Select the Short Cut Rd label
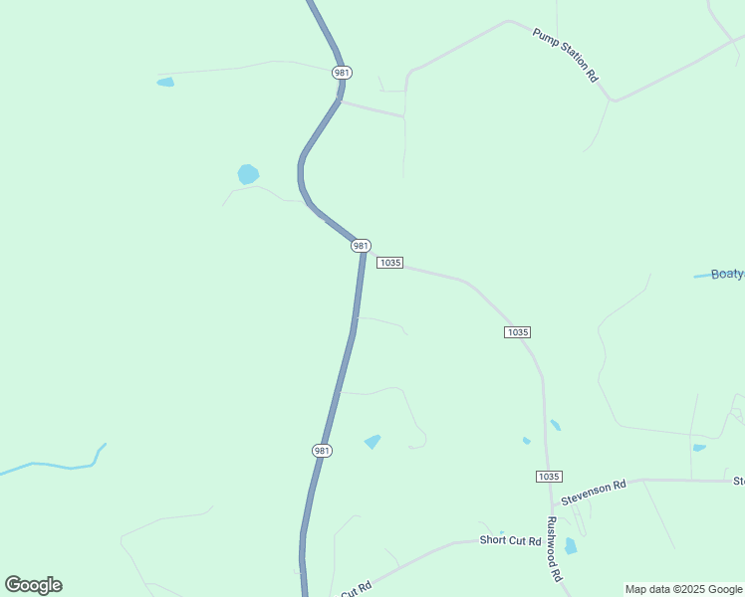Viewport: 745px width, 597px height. pyautogui.click(x=510, y=541)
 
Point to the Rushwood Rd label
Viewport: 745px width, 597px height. pyautogui.click(x=555, y=548)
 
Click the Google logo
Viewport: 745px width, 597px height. pyautogui.click(x=33, y=585)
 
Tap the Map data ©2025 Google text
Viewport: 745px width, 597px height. pyautogui.click(x=684, y=589)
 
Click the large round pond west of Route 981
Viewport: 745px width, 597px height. pyautogui.click(x=248, y=174)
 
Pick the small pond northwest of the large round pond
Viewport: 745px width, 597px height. pyautogui.click(x=165, y=82)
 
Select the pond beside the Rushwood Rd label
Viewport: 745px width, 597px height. pyautogui.click(x=571, y=545)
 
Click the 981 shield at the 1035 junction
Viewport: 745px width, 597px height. pyautogui.click(x=361, y=246)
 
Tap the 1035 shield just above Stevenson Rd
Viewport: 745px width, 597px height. pyautogui.click(x=548, y=477)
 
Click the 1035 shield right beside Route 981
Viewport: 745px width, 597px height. pyautogui.click(x=389, y=263)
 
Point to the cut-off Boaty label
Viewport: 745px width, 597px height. pyautogui.click(x=727, y=275)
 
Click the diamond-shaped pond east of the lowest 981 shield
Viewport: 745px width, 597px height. pyautogui.click(x=372, y=441)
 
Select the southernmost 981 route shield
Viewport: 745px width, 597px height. pyautogui.click(x=322, y=451)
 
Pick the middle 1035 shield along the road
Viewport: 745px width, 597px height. pyautogui.click(x=517, y=332)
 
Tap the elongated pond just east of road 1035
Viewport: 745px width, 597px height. pyautogui.click(x=555, y=425)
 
